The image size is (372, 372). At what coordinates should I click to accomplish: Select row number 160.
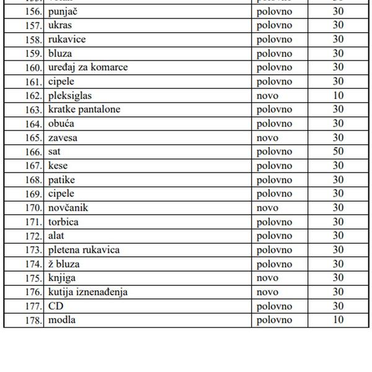(33, 68)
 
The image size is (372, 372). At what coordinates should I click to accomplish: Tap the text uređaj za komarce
(88, 68)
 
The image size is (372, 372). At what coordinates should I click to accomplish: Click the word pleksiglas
(70, 95)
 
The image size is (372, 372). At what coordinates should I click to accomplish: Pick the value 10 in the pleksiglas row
(338, 95)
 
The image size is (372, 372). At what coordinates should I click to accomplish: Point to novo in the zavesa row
(267, 138)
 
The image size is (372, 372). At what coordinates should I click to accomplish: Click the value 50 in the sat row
(338, 152)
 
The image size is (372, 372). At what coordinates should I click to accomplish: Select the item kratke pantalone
(84, 110)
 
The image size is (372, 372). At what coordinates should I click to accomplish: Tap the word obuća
(61, 124)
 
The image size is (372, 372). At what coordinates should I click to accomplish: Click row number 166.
(33, 152)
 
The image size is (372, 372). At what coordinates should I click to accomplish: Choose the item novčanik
(68, 208)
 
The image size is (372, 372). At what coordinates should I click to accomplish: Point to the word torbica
(63, 222)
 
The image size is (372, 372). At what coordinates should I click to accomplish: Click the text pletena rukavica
(84, 250)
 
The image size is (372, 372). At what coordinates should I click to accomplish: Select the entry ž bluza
(64, 264)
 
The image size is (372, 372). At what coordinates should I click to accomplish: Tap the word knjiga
(62, 278)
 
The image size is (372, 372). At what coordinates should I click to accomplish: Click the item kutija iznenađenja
(88, 292)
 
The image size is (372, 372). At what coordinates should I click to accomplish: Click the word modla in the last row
(62, 320)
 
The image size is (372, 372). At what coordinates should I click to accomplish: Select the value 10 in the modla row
(338, 320)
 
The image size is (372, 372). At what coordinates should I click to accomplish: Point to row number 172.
(33, 236)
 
